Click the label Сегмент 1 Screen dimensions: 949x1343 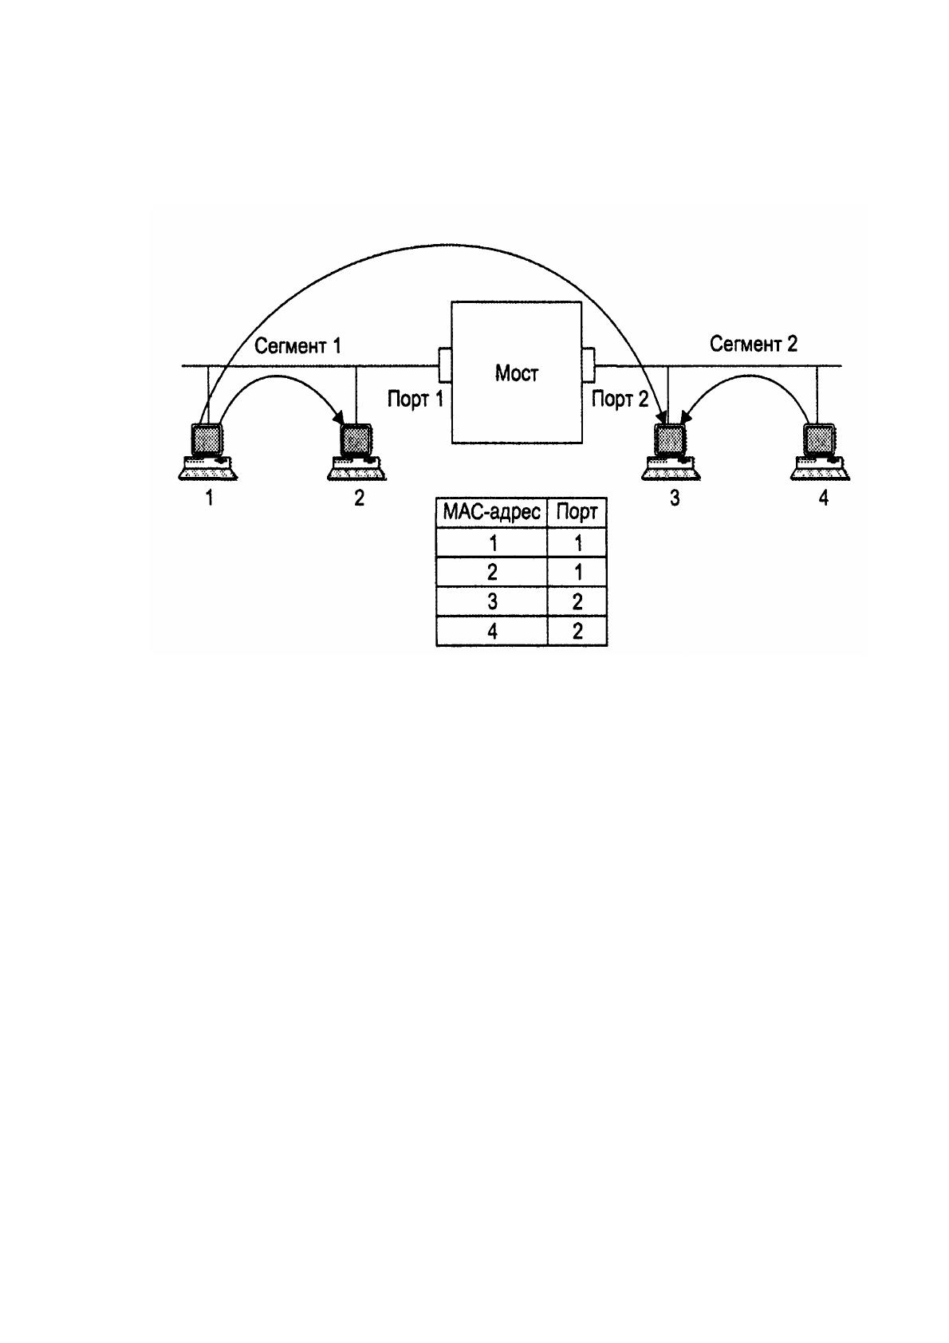point(297,346)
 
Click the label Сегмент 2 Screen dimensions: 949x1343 point(754,345)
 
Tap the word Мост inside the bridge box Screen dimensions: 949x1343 point(517,373)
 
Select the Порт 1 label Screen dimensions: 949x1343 point(415,399)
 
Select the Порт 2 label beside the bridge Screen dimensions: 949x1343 point(620,399)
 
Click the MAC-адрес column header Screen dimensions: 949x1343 point(491,513)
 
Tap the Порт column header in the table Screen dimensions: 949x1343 point(577,513)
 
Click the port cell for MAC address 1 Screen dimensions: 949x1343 point(577,542)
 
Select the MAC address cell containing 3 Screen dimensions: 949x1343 point(491,601)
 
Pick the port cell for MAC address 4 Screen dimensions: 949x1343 point(577,631)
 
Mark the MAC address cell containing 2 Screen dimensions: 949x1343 point(491,572)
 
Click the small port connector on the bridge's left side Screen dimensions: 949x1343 point(445,364)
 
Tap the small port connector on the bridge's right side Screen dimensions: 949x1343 point(588,364)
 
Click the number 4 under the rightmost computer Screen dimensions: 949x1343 point(824,498)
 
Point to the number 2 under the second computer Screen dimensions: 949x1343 point(359,498)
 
